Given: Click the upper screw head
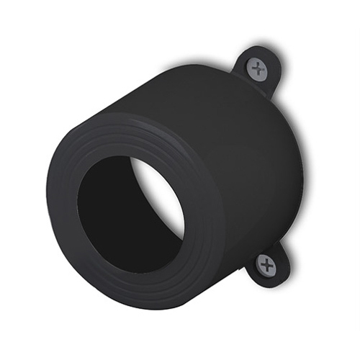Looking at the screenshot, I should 257,69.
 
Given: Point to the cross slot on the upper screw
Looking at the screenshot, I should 257,69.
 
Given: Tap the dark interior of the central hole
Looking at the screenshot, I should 115,216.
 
